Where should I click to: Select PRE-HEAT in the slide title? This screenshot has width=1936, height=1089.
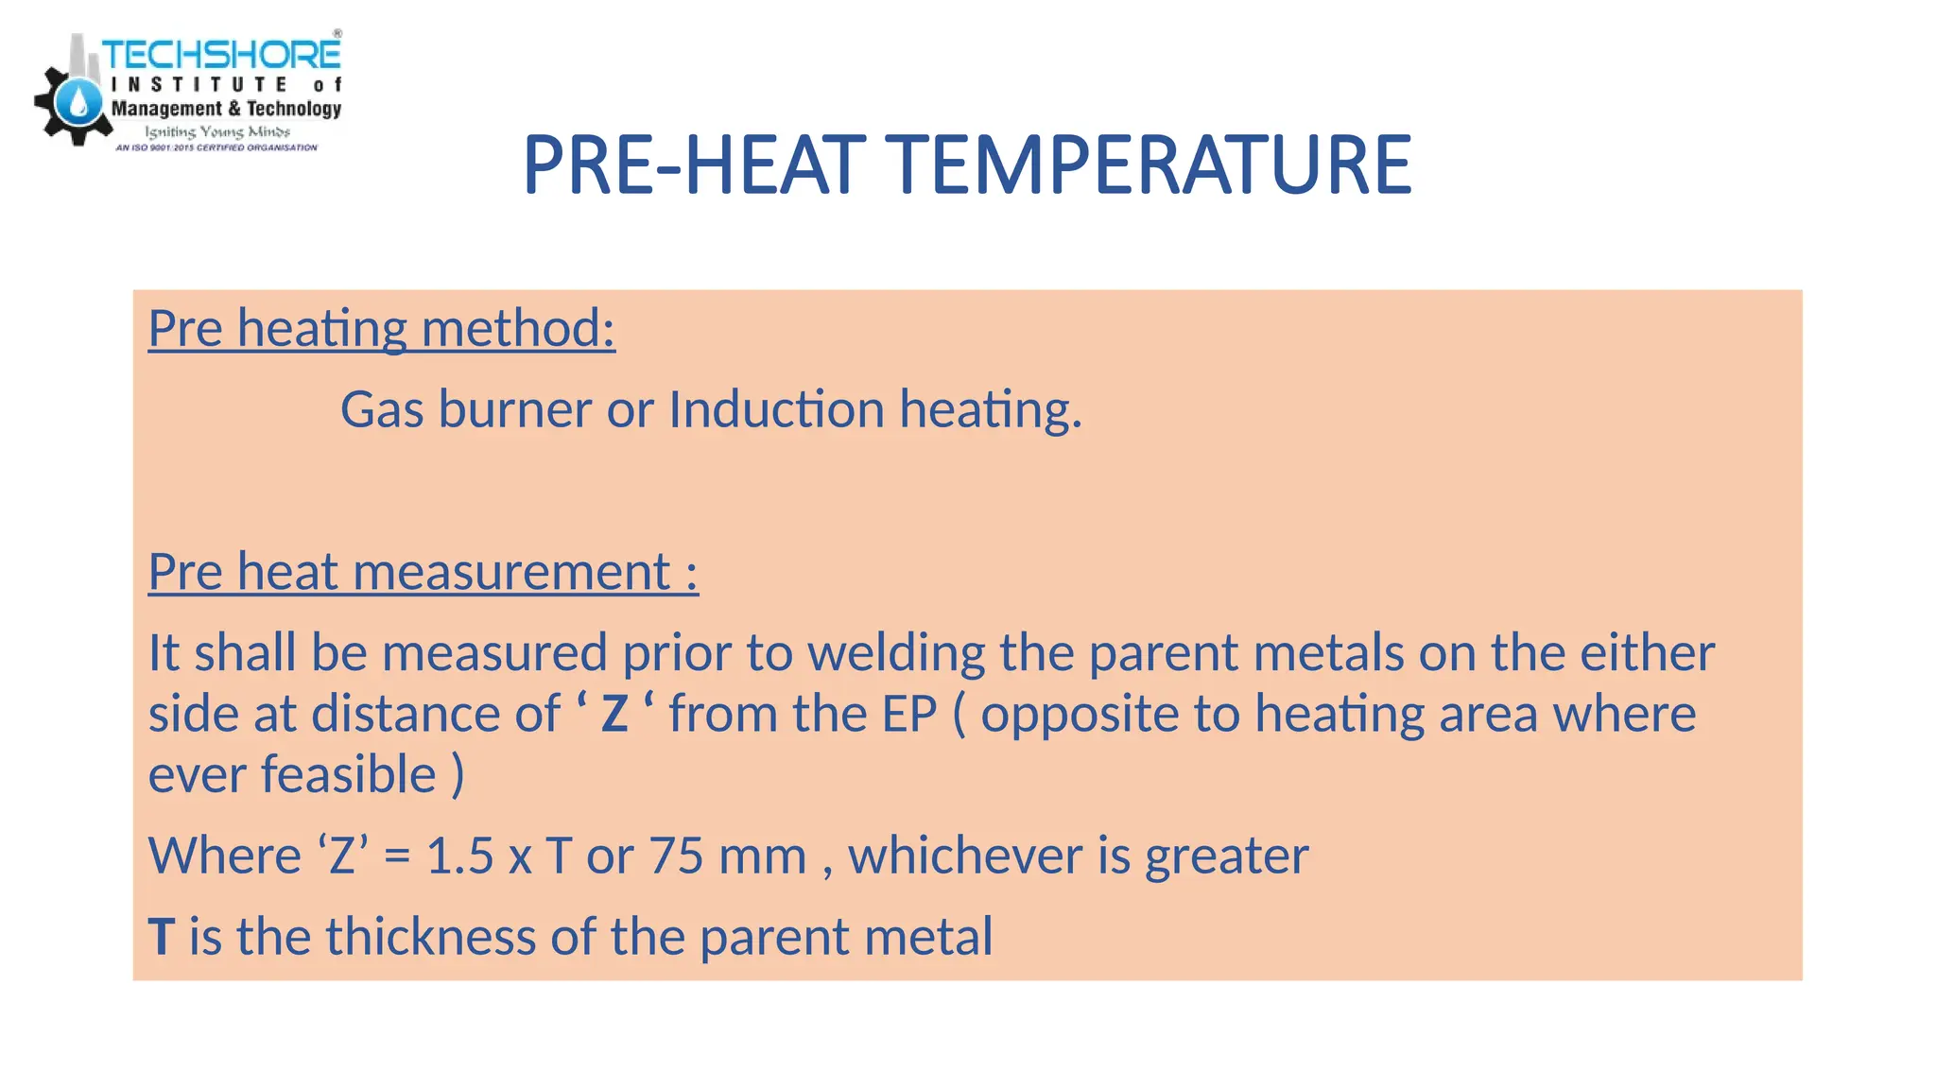(x=694, y=165)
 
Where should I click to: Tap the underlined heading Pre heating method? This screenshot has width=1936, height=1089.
(x=382, y=329)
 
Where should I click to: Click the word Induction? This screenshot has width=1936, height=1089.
(x=776, y=409)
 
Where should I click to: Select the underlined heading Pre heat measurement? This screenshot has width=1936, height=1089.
(x=423, y=572)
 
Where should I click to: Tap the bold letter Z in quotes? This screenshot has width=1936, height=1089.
(x=614, y=714)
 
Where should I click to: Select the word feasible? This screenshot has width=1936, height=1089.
(x=349, y=775)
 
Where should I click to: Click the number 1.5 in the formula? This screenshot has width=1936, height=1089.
(x=460, y=856)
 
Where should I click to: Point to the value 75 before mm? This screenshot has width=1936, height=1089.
(x=675, y=856)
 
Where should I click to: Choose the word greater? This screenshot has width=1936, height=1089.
(x=1227, y=857)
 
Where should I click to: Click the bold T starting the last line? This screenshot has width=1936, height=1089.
(x=162, y=937)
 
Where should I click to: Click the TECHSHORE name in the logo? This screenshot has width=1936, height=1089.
(x=221, y=54)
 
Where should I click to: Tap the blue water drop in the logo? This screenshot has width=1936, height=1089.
(x=79, y=101)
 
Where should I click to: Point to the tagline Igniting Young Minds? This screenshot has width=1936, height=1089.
(x=217, y=131)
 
